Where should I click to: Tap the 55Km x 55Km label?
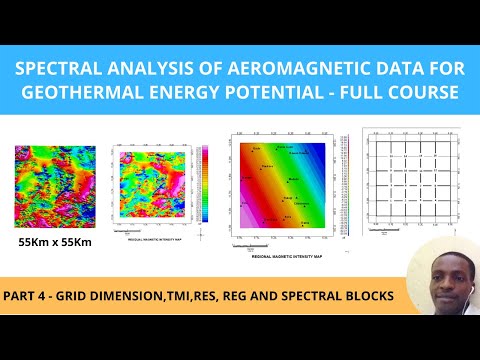(55, 242)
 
